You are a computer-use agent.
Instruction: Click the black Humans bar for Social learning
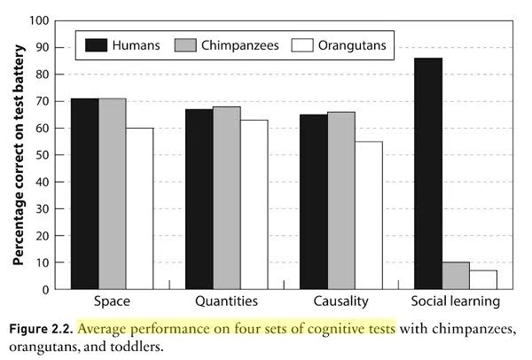coord(428,174)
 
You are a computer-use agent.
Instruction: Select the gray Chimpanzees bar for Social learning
coord(456,276)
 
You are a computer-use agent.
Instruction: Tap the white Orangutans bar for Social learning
coord(483,280)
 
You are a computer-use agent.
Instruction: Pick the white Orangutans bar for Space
coord(139,208)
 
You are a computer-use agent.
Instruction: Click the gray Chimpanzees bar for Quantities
coord(227,198)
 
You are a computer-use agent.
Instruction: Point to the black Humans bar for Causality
coord(314,202)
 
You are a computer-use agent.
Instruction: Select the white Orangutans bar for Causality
coord(369,215)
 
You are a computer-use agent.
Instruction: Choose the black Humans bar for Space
coord(85,193)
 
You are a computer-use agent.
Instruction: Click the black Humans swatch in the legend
coord(96,45)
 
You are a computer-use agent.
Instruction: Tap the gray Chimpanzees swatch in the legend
coord(185,45)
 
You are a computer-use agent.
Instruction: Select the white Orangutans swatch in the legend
coord(302,45)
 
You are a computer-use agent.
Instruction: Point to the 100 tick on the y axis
coord(39,20)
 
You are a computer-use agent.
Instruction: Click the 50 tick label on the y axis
coord(42,155)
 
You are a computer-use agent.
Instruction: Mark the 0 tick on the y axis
coord(45,290)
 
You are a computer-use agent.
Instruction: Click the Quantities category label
coord(227,301)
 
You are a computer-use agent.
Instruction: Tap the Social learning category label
coord(456,301)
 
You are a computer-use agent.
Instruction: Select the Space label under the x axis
coord(112,301)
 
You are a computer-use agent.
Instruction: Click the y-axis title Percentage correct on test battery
coord(19,155)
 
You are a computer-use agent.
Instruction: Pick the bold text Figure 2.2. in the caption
coord(41,329)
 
